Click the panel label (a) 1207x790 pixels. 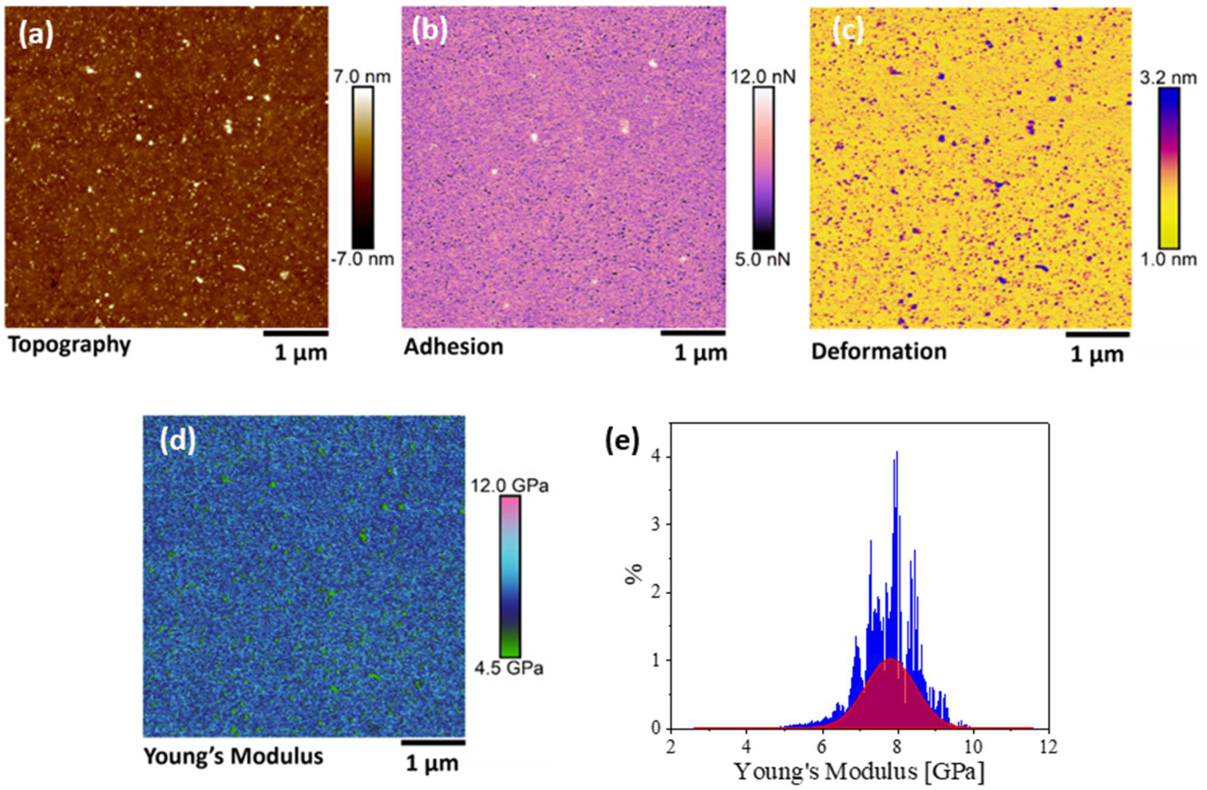point(36,35)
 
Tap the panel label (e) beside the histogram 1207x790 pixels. point(622,440)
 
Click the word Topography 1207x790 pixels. point(69,346)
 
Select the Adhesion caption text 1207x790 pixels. point(453,347)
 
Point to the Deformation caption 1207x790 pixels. point(878,352)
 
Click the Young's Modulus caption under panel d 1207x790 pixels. point(233,756)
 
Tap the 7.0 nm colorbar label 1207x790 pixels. point(362,77)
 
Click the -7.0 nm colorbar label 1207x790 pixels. point(362,259)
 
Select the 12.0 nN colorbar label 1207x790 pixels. point(763,77)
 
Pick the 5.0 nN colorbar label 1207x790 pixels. point(762,259)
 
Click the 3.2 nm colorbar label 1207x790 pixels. point(1168,77)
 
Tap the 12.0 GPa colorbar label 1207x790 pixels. point(509,485)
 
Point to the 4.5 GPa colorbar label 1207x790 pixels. point(509,668)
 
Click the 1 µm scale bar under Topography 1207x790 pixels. point(295,333)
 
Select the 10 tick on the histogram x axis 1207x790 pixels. point(973,747)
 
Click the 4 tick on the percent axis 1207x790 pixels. point(657,457)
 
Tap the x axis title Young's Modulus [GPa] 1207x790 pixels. point(859,772)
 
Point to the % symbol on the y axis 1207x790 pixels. point(634,573)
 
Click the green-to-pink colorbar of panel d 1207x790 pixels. point(509,576)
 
